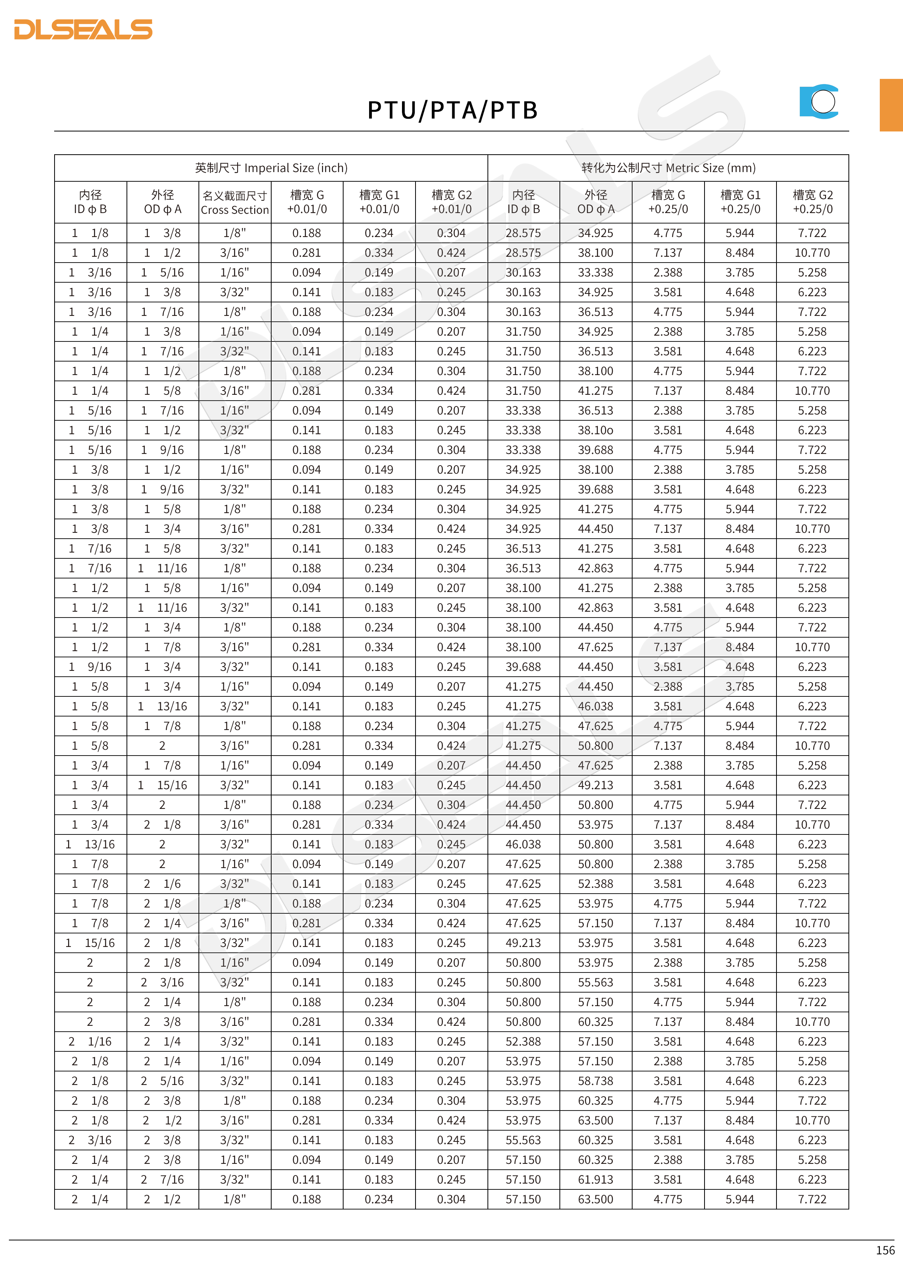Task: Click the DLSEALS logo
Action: (84, 29)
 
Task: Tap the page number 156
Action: (885, 1250)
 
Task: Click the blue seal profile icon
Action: (819, 102)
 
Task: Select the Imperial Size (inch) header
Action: (271, 168)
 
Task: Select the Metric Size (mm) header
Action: (668, 168)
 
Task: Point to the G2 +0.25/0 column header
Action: (812, 202)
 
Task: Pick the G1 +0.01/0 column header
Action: (379, 202)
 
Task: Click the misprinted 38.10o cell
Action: (595, 430)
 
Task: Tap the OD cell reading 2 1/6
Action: (162, 884)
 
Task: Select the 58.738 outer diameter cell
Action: (595, 1081)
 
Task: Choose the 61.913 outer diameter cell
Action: (595, 1179)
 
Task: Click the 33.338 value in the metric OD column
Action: (595, 272)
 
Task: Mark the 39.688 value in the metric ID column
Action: (523, 667)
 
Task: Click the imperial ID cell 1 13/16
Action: (91, 844)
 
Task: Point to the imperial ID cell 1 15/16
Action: (91, 943)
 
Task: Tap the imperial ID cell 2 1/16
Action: (91, 1041)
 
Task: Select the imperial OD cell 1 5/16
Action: (162, 272)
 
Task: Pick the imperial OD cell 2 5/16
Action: (162, 1081)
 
